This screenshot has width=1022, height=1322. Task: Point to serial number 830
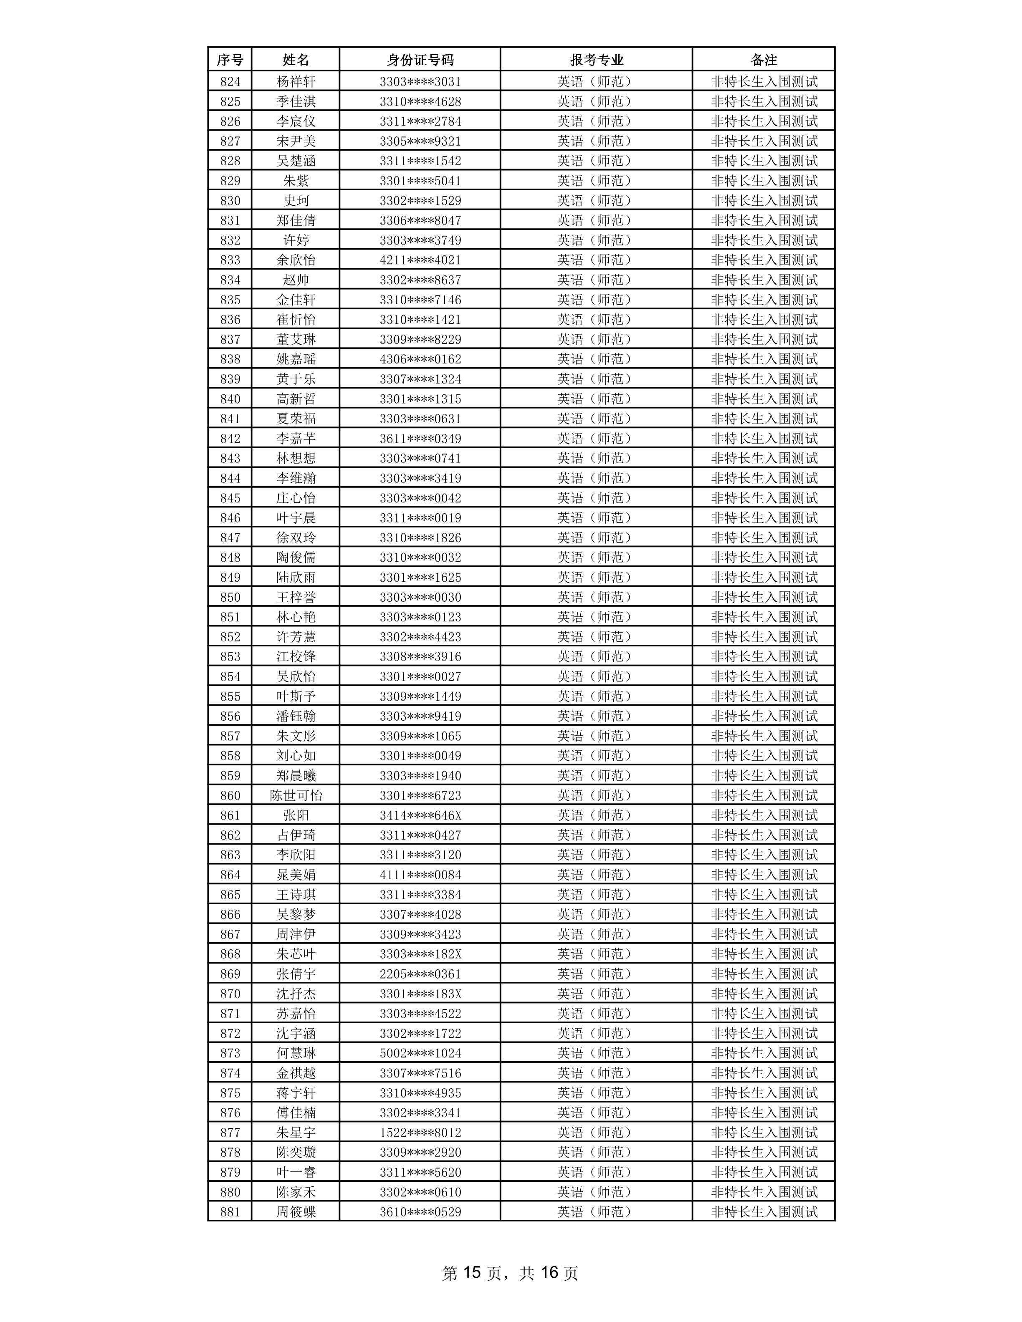230,200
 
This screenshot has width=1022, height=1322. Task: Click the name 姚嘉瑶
296,359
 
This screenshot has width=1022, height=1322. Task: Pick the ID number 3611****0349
420,438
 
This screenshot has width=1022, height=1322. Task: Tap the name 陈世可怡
296,795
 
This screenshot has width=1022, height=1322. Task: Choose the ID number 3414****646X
420,815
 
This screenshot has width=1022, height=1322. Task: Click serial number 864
230,875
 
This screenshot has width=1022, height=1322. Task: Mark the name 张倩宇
296,974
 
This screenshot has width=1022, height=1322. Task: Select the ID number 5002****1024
420,1053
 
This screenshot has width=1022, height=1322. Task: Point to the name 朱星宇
296,1133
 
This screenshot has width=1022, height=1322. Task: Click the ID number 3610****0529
420,1212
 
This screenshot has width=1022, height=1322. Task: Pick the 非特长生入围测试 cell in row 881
764,1212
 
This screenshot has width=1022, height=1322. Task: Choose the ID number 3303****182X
420,954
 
